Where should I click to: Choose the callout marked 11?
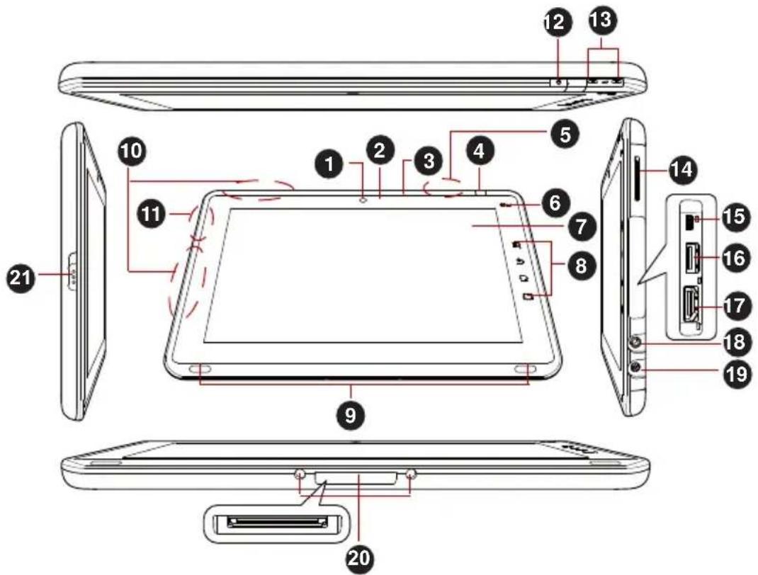coord(150,215)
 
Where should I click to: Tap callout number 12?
coord(556,23)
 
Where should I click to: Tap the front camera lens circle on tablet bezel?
coord(364,200)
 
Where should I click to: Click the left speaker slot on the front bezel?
coord(200,370)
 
